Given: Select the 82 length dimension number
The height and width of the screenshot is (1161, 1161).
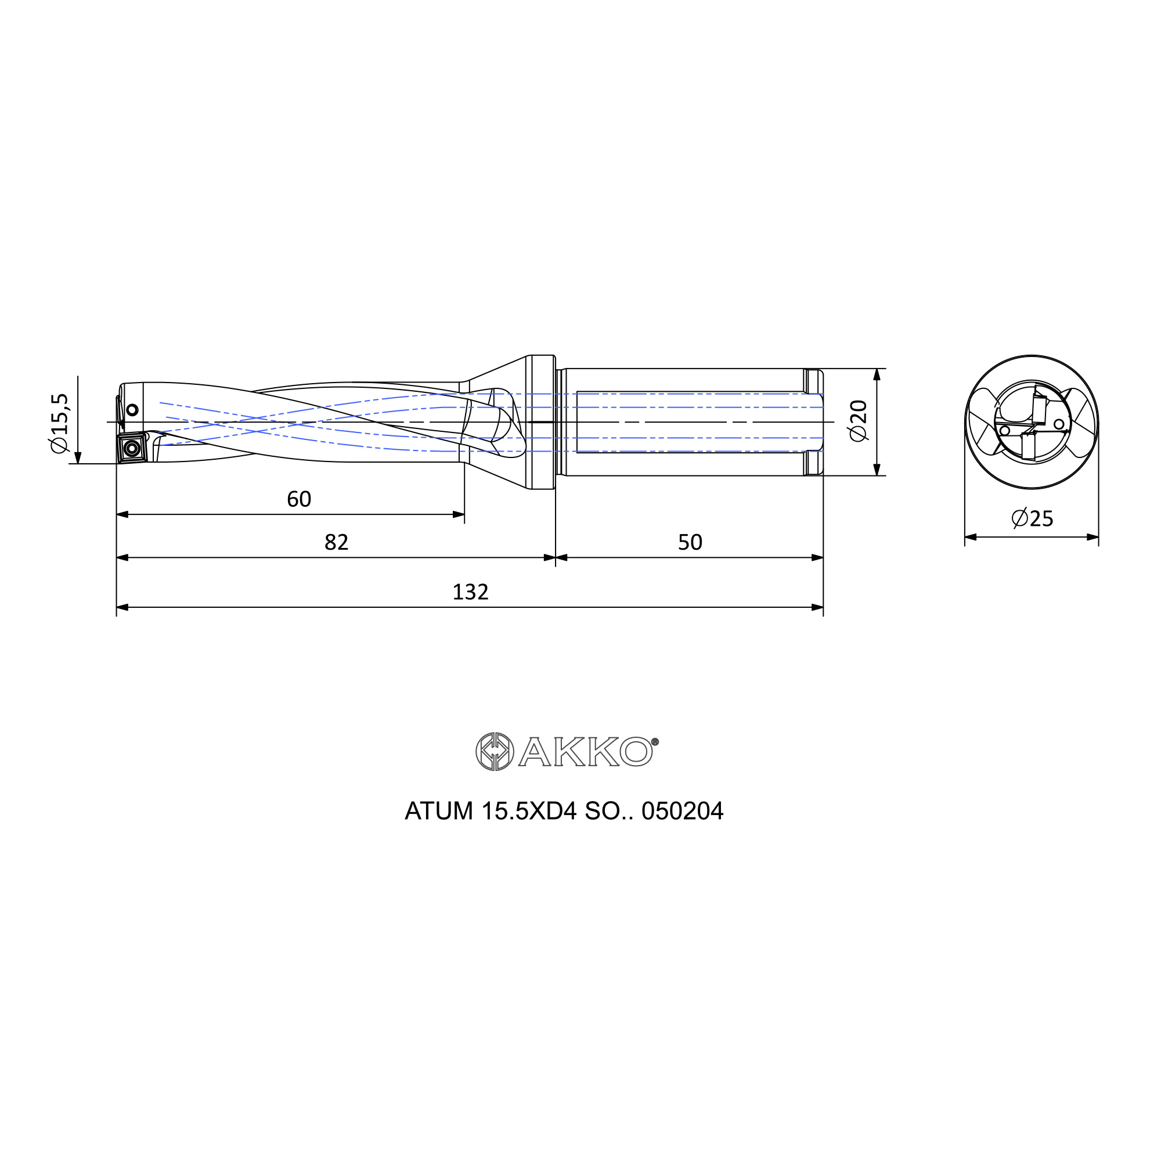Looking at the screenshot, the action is [x=336, y=543].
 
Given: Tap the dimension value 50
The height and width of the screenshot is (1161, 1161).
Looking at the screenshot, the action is [x=690, y=543].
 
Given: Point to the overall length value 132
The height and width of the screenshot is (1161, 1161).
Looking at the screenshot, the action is [x=471, y=593].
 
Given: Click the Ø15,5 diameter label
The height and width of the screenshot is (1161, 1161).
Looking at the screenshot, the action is [x=60, y=424].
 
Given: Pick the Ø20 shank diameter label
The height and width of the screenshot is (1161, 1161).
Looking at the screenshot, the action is [x=859, y=421].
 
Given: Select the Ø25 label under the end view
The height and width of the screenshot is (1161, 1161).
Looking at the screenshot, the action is [x=1032, y=518].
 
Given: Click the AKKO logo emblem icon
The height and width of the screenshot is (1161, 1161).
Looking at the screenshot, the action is [x=495, y=751].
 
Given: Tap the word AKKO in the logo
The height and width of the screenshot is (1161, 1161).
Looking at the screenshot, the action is [x=585, y=752].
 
